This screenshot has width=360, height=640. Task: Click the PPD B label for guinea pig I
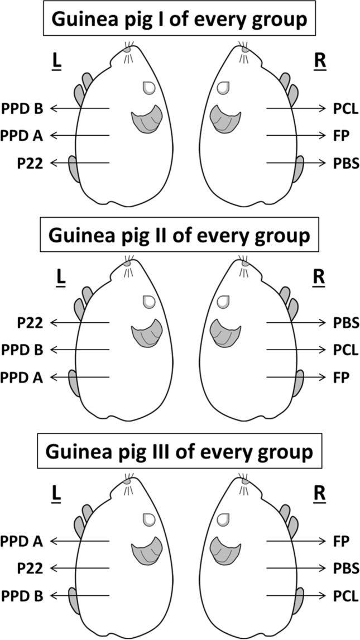tap(23, 108)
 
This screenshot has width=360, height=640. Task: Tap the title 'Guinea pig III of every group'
tap(180, 451)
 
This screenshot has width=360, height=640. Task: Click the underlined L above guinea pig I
tap(56, 61)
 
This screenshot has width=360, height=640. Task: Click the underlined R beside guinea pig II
tap(320, 277)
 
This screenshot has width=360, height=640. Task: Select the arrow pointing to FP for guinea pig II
tap(296, 377)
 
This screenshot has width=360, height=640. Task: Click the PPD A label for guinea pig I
tap(23, 135)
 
